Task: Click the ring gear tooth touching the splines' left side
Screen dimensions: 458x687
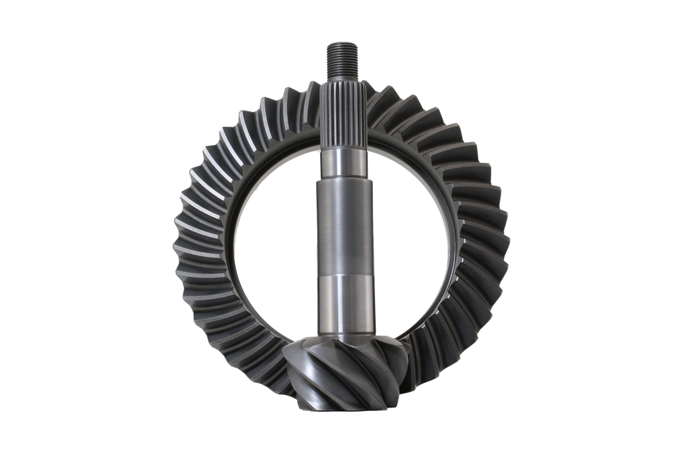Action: [x=315, y=101]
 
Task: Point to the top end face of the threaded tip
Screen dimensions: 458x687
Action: [x=343, y=45]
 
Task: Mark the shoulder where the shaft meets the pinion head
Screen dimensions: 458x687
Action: [x=343, y=335]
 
